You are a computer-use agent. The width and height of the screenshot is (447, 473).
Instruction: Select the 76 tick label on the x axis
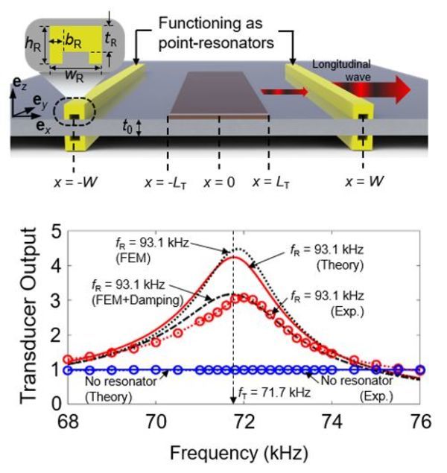point(420,422)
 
